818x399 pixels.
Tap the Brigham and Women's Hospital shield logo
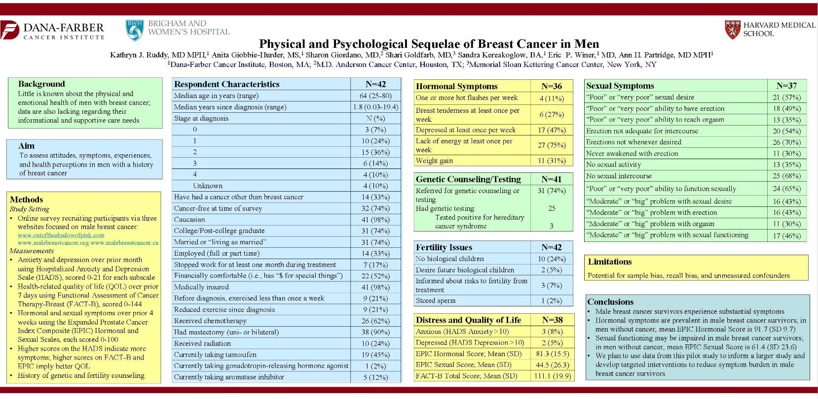(134, 30)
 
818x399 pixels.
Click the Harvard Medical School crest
(732, 29)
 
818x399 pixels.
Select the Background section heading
(41, 84)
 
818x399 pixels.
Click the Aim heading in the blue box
(26, 146)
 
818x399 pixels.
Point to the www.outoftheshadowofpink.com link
(61, 235)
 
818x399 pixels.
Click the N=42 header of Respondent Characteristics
(375, 84)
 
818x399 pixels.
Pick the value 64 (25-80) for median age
(375, 96)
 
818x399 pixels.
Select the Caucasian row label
(189, 220)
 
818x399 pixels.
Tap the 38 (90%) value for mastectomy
(375, 332)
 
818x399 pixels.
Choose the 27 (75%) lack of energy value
(552, 145)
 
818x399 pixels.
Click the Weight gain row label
(434, 161)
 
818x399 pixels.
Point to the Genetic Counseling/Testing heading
(468, 179)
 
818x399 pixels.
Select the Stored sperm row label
(436, 300)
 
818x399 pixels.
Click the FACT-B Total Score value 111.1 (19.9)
(552, 376)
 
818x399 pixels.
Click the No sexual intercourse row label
(619, 176)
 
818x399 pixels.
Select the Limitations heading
(610, 262)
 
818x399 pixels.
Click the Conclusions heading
(610, 302)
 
